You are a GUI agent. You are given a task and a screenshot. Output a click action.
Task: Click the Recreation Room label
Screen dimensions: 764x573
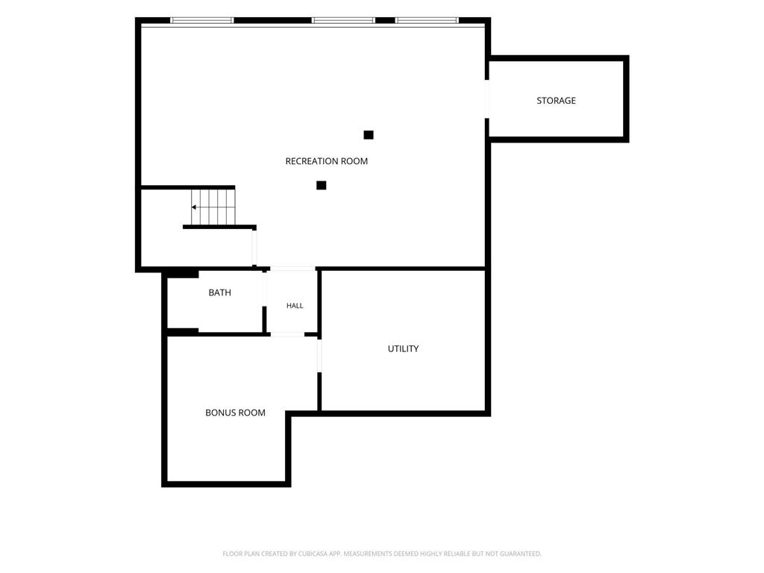(x=327, y=161)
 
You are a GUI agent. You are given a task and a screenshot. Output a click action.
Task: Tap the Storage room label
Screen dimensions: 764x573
(x=556, y=101)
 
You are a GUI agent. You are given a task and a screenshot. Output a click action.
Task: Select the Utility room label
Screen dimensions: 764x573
(x=403, y=349)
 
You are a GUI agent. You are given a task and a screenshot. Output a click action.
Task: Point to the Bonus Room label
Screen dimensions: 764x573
(x=235, y=413)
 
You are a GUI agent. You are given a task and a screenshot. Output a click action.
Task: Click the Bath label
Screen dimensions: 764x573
(x=220, y=292)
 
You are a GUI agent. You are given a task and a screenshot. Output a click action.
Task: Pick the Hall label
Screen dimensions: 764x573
(x=295, y=306)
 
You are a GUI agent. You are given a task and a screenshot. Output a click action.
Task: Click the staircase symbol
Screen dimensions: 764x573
(x=213, y=207)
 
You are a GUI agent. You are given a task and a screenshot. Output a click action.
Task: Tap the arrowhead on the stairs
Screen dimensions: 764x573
(x=193, y=207)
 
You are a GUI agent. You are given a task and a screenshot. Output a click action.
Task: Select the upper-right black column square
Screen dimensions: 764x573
(x=369, y=135)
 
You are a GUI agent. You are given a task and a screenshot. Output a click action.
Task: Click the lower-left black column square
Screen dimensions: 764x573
(x=321, y=185)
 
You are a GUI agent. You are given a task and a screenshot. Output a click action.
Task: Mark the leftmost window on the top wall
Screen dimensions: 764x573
(x=201, y=20)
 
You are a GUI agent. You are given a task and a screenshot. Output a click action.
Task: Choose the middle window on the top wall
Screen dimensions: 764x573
(x=343, y=20)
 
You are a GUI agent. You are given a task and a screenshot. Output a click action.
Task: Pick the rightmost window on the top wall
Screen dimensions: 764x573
(x=427, y=20)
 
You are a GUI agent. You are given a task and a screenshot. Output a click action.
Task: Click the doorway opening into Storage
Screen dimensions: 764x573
(x=487, y=99)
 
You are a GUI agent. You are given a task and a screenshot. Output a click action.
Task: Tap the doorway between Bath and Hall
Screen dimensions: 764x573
(x=265, y=289)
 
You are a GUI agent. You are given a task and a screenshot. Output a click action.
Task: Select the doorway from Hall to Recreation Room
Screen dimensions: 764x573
(x=292, y=269)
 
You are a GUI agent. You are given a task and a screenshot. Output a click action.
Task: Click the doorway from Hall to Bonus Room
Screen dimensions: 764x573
(x=287, y=335)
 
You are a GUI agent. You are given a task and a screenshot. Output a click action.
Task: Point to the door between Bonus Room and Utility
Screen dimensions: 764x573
(x=319, y=355)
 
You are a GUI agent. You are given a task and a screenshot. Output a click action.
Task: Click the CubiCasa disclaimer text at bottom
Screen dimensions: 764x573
(x=382, y=554)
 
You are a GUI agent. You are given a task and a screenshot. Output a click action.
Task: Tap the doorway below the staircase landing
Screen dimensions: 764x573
(x=254, y=248)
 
